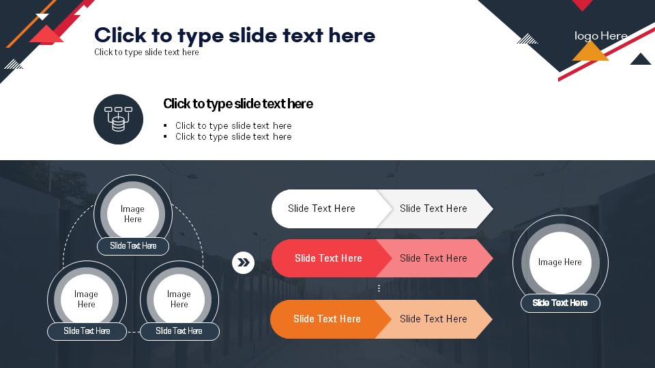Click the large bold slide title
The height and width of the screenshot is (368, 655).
coord(234,35)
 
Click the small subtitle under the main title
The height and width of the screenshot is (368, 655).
coord(146,52)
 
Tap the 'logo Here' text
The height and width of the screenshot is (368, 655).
coord(600,36)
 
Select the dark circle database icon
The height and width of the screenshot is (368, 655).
coord(118,119)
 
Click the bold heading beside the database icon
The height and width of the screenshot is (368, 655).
coord(237,104)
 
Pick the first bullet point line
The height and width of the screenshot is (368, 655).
coord(233,125)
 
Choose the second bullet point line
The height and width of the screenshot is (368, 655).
coord(233,136)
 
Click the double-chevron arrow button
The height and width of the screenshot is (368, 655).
coord(243,262)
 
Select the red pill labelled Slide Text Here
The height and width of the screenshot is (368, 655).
coord(328,258)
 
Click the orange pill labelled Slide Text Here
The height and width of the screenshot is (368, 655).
coord(327,319)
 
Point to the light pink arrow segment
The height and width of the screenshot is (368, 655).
coord(435,258)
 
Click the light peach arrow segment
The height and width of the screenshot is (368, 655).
coord(434,319)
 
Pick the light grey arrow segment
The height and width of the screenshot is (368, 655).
coord(435,209)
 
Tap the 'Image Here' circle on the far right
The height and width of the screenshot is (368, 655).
coord(560,262)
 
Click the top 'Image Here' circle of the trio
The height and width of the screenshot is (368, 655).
coord(133,213)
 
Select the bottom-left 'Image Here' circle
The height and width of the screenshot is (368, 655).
coord(87,299)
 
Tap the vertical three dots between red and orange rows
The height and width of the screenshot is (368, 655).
coord(379,288)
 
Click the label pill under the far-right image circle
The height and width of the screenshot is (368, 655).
coord(560,303)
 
